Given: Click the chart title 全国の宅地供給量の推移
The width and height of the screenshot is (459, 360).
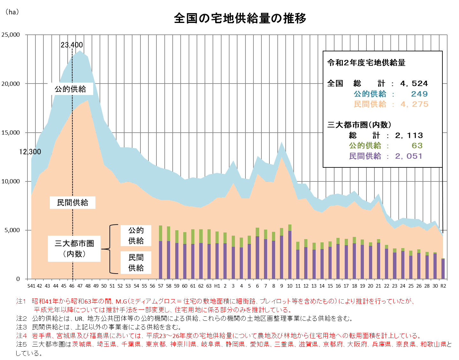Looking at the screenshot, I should tap(240, 18).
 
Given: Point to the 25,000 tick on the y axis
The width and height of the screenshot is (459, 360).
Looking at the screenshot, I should tap(11, 35).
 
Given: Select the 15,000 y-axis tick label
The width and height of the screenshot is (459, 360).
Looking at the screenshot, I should tap(11, 133).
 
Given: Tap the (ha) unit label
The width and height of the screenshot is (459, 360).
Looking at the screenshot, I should tap(12, 12).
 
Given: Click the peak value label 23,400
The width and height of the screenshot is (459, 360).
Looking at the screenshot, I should tap(72, 45).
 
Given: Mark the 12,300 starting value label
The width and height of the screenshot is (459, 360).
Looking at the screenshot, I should tap(30, 152).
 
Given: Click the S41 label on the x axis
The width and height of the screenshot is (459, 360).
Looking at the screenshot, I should tap(31, 286).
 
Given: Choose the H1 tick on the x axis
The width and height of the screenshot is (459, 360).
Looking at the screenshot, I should tap(217, 286).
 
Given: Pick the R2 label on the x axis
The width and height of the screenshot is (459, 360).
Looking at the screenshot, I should tap(443, 286).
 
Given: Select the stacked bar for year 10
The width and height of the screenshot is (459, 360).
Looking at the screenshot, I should tap(290, 252).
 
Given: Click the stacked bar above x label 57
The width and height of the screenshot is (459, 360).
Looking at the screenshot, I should tap(161, 252).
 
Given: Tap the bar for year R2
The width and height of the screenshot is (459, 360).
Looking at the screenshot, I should tap(443, 269).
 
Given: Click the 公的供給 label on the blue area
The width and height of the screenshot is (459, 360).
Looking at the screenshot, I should tap(70, 89).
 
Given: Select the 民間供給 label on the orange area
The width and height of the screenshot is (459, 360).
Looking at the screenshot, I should tap(72, 202).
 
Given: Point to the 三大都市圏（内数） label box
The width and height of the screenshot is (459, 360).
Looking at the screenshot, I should tap(74, 249).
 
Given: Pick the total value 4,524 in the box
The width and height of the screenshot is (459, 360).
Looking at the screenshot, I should tap(414, 84).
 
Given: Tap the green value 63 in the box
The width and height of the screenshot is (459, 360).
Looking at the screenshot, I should tap(417, 146).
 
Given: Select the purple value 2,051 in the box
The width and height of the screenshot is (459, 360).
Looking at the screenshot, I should tap(409, 156).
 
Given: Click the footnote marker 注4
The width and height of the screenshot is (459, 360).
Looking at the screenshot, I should tap(22, 336).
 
